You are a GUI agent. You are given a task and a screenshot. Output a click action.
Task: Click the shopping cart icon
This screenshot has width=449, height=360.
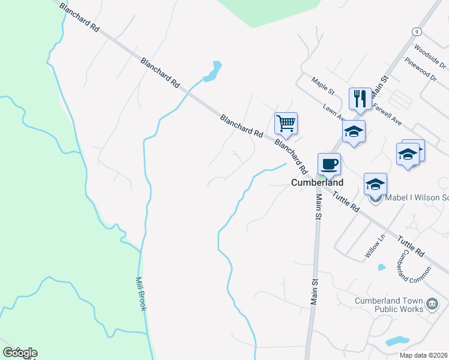pos(286,124)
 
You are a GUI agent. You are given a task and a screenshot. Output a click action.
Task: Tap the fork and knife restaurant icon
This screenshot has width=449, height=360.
pos(360,98)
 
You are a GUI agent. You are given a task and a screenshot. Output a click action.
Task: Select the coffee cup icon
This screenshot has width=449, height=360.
pos(329,164)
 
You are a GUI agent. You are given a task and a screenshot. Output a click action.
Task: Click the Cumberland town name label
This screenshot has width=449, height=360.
pos(318,182)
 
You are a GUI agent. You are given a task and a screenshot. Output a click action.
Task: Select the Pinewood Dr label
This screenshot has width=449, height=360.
pos(421,68)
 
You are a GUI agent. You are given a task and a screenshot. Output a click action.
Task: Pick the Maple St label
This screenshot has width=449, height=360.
pos(322,85)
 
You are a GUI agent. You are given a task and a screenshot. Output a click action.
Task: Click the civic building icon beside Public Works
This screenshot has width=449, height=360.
pos(432,305)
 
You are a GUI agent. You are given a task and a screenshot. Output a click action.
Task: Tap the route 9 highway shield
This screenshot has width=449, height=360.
pos(415,31)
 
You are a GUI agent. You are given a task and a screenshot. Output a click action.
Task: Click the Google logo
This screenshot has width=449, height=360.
pos(20,353)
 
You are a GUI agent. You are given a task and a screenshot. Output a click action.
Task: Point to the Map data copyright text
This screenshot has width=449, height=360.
pos(424,355)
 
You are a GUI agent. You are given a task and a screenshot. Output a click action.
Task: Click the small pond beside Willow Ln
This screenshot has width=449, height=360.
pos(381,267)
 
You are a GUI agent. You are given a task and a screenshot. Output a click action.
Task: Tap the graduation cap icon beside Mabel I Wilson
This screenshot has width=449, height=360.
pos(375,184)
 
